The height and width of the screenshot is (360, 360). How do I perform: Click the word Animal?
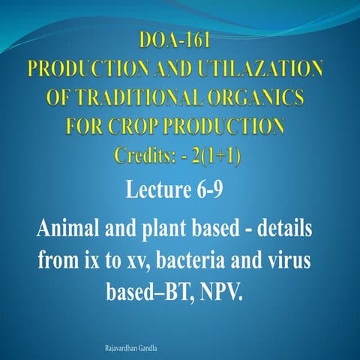click(70, 228)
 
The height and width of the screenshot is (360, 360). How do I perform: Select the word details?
click(282, 228)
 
